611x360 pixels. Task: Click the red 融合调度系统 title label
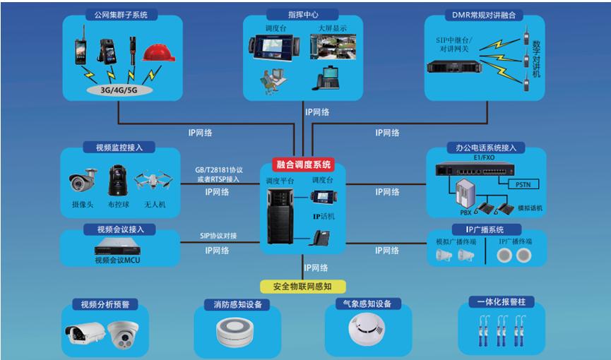click(x=303, y=164)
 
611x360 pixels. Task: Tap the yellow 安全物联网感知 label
click(x=303, y=286)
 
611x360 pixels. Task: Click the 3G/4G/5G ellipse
click(x=119, y=90)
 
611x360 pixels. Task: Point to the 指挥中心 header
click(x=302, y=14)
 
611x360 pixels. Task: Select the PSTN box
click(x=522, y=185)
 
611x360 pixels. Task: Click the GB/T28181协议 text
click(x=218, y=170)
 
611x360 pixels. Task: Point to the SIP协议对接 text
click(x=218, y=236)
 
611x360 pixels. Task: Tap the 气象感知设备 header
click(x=362, y=304)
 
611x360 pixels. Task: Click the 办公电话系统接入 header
click(x=486, y=148)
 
